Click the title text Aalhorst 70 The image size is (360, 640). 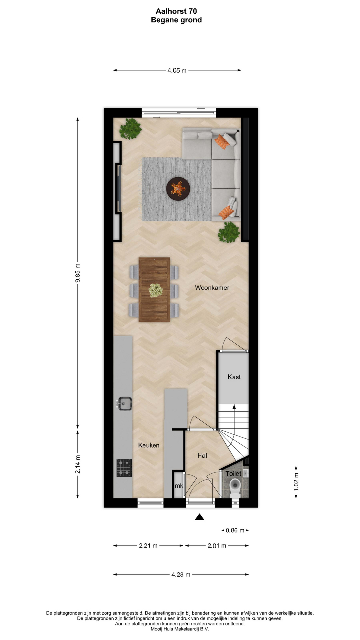point(176,11)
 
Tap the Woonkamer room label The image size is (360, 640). point(212,288)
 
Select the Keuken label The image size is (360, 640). point(149,445)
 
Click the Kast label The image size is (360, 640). point(234,377)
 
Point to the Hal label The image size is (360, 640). point(202,455)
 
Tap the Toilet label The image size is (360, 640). point(233,474)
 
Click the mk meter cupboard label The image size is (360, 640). point(179,486)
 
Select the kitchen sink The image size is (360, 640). point(124,404)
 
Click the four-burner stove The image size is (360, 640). point(124,468)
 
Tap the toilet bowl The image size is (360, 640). point(235,488)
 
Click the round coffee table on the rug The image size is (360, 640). point(178,189)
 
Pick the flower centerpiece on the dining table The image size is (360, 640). point(155,290)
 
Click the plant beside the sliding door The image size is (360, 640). point(130,129)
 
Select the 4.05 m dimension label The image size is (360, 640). point(177,70)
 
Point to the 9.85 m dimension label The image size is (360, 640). point(78,273)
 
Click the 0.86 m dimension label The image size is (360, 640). point(235,530)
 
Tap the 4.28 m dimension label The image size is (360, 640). point(181,574)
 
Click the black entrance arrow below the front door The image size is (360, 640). point(199,517)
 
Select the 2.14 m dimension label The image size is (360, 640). point(78,464)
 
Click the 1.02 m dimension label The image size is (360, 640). point(296,482)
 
